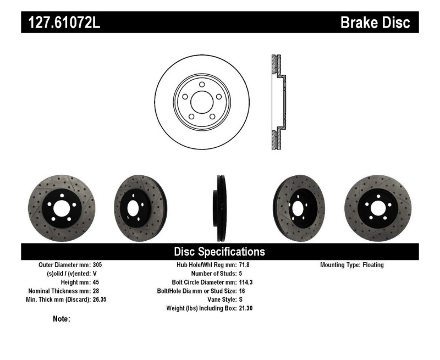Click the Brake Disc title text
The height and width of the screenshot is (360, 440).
pos(375,23)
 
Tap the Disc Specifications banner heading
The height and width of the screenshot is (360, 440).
pos(219,252)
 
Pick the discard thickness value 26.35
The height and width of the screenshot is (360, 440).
pos(103,300)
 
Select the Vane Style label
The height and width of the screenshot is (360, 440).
pos(220,300)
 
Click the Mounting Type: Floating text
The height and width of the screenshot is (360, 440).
pos(352,265)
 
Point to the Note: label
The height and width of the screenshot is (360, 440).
pos(61,319)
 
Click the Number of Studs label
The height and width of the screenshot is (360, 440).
pos(213,274)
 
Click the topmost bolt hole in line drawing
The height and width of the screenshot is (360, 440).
pos(201,84)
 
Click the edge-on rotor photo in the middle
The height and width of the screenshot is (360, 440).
pos(219,208)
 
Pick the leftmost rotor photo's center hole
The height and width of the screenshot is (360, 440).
pos(59,208)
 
